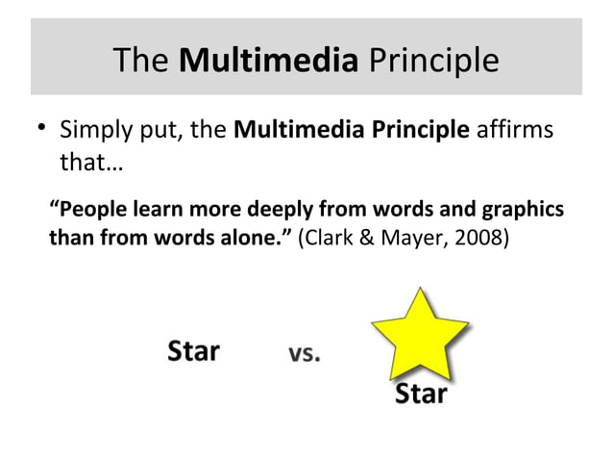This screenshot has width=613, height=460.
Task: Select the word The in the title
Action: click(x=141, y=61)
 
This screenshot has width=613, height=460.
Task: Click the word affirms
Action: click(x=515, y=128)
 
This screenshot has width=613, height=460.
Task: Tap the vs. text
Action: click(x=306, y=353)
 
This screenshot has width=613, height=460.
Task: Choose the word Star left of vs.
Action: click(x=194, y=350)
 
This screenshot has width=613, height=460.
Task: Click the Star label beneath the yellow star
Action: click(x=421, y=395)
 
